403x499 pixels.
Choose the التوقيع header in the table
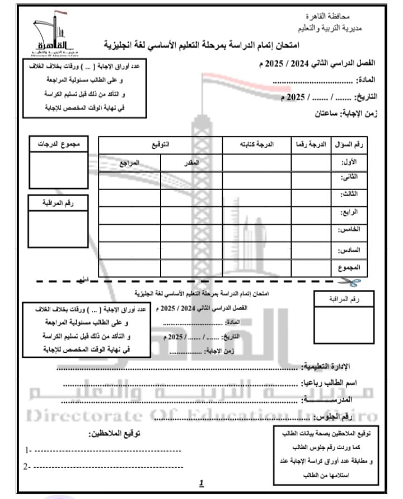coord(161,145)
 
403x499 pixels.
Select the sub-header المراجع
coord(130,163)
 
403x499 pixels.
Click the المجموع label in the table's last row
coord(350,268)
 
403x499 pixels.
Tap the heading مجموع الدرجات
coord(59,144)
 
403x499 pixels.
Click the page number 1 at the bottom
coord(201,483)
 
